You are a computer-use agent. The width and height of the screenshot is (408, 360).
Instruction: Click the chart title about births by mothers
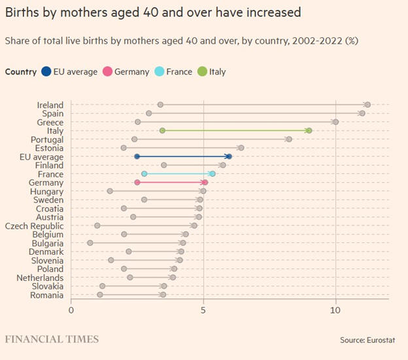[154, 12]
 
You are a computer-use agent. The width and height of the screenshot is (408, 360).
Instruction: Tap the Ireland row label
[50, 105]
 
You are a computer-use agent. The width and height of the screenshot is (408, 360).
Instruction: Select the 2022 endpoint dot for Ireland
[367, 105]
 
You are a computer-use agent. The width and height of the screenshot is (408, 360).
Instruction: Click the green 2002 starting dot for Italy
[162, 131]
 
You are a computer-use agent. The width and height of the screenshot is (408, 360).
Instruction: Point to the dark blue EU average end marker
[229, 157]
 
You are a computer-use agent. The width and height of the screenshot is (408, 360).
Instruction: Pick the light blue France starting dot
[144, 174]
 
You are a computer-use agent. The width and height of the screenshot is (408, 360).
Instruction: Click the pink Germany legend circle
[107, 71]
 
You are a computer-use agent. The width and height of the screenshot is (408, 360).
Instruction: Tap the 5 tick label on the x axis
[203, 310]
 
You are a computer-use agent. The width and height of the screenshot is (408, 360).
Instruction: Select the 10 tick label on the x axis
[335, 310]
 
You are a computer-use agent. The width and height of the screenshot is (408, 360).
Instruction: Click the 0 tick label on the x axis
[71, 310]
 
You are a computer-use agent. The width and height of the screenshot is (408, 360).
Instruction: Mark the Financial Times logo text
[52, 339]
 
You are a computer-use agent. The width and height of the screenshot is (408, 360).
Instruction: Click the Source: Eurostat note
[369, 340]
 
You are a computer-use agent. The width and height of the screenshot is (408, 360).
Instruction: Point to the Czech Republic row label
[34, 226]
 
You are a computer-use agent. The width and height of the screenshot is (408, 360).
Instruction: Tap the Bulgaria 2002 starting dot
[90, 243]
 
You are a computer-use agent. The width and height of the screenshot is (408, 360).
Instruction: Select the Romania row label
[47, 295]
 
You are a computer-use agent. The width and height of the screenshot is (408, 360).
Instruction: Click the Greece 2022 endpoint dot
[335, 122]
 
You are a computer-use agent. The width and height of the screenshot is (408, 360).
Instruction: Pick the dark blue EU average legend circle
[47, 71]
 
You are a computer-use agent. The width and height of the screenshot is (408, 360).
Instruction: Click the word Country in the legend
[20, 71]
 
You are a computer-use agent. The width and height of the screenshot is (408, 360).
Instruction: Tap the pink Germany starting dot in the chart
[137, 182]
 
